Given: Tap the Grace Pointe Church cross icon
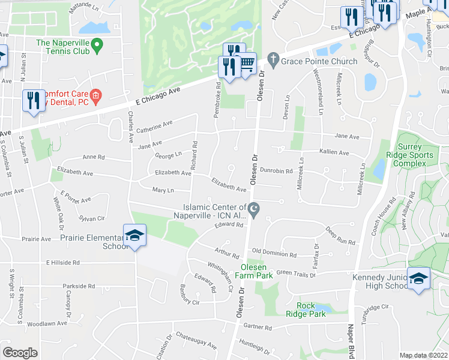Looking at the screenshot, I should (273, 60).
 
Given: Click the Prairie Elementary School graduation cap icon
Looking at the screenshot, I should (134, 235).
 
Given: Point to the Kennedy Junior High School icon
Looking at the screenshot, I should (418, 278).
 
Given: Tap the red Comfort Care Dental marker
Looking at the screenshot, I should (95, 95).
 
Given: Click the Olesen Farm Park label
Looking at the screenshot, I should (256, 271).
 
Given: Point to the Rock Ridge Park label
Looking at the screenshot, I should (306, 310).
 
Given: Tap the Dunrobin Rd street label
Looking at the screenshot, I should (276, 171).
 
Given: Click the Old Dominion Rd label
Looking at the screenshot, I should (274, 254).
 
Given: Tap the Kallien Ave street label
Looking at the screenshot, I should (334, 153).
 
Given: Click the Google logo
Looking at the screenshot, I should (20, 353).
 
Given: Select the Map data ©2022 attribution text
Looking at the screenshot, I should (424, 355).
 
